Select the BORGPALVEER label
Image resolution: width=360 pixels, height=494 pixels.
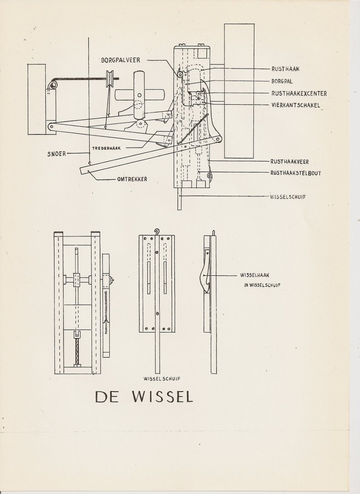coord(121,60)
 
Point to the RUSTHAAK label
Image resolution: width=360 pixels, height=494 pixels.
coord(285,69)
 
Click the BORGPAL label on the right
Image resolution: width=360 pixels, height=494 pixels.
coord(282,81)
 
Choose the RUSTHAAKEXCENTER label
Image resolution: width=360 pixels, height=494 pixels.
coord(299,93)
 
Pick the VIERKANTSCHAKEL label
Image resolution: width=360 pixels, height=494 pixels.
coord(295,105)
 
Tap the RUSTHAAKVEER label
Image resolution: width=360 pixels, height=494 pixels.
coord(289,161)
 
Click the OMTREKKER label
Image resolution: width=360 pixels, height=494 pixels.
coord(132,179)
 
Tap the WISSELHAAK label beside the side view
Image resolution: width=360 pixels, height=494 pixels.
coord(256,275)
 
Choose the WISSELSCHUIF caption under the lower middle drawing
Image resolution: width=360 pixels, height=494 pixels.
coord(159,379)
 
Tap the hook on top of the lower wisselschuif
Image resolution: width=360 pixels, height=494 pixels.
coord(157,232)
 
